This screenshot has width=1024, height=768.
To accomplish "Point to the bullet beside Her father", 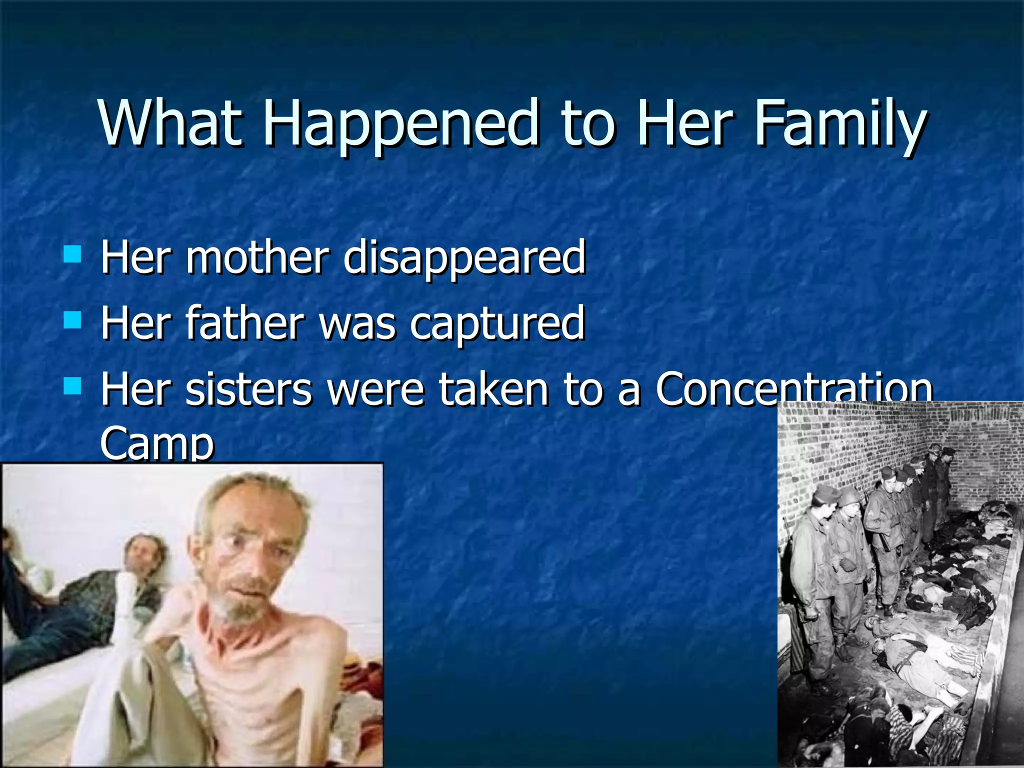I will [73, 320].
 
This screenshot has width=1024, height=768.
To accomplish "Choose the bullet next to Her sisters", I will [73, 386].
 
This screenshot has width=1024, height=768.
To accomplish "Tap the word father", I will [245, 322].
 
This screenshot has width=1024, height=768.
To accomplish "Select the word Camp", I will [157, 442].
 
